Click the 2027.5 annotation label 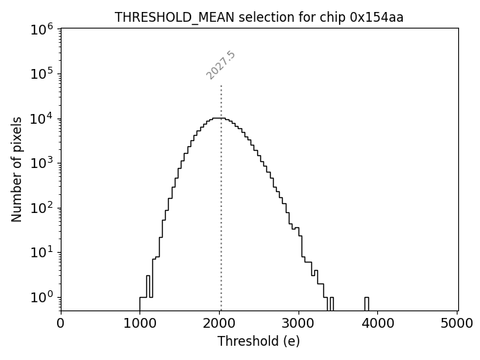[220, 66]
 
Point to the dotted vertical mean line [221, 187]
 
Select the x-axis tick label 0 [61, 323]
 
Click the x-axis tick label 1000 [140, 323]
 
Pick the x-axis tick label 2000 [220, 323]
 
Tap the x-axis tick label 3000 [299, 323]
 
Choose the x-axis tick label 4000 [378, 323]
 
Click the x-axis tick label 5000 [457, 323]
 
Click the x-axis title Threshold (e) [259, 341]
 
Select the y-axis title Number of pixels [16, 169]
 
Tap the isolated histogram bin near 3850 [367, 303]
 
